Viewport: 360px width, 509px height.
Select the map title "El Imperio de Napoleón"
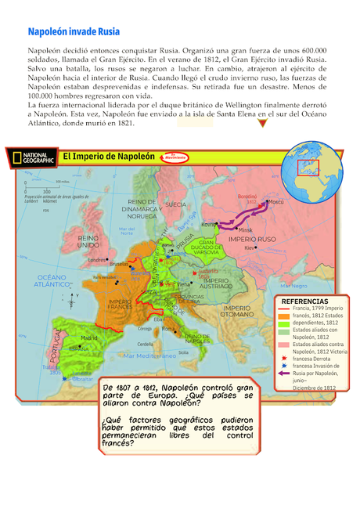point(109,156)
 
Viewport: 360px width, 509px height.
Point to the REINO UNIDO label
point(88,239)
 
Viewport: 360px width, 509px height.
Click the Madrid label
point(88,338)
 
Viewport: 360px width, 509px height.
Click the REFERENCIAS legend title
point(304,301)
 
